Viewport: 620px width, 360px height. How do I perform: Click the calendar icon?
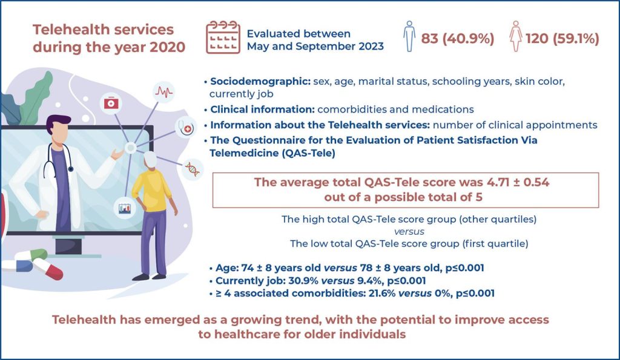[223, 37]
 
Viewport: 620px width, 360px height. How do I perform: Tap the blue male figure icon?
[409, 36]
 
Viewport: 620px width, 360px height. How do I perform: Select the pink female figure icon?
[516, 36]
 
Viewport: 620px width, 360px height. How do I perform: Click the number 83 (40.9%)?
[458, 38]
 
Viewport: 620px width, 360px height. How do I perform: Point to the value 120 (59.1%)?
[562, 38]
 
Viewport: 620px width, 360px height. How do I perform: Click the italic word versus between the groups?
[409, 232]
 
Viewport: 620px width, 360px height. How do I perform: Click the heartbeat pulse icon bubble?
[163, 92]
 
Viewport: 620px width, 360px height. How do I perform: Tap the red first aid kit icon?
[111, 103]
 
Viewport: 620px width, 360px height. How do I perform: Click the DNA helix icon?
[193, 169]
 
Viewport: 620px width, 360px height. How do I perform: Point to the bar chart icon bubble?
[125, 208]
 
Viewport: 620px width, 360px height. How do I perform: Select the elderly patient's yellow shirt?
[152, 191]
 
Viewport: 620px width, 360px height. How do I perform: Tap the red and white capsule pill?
[47, 269]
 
